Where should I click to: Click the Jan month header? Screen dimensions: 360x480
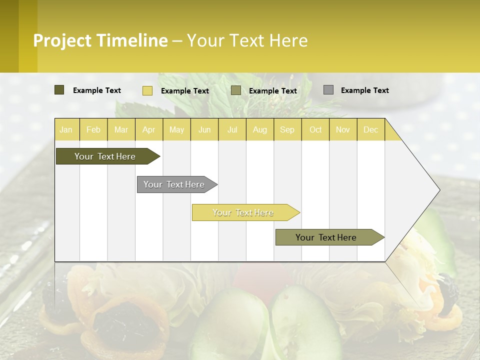pos(66,129)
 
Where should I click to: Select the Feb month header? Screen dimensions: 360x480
pos(93,129)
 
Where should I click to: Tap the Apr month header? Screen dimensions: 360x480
pos(149,129)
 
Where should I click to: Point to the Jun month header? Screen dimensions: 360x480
pos(204,129)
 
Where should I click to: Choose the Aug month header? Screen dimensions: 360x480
pos(260,129)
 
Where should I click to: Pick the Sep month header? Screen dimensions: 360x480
pos(287,129)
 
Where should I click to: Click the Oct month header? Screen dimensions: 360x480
pos(315,129)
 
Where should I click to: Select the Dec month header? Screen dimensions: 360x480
pos(371,129)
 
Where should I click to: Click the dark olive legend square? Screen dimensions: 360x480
pos(59,90)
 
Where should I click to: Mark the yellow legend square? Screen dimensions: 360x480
pos(147,90)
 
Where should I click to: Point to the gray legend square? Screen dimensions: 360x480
pos(328,90)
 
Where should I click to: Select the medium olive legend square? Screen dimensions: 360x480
pos(236,90)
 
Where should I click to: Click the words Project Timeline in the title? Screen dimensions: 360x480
pos(100,40)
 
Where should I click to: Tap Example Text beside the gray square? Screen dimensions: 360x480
pos(364,90)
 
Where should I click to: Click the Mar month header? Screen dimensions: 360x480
pos(121,129)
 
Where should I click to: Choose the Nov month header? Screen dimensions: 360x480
pos(343,129)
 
